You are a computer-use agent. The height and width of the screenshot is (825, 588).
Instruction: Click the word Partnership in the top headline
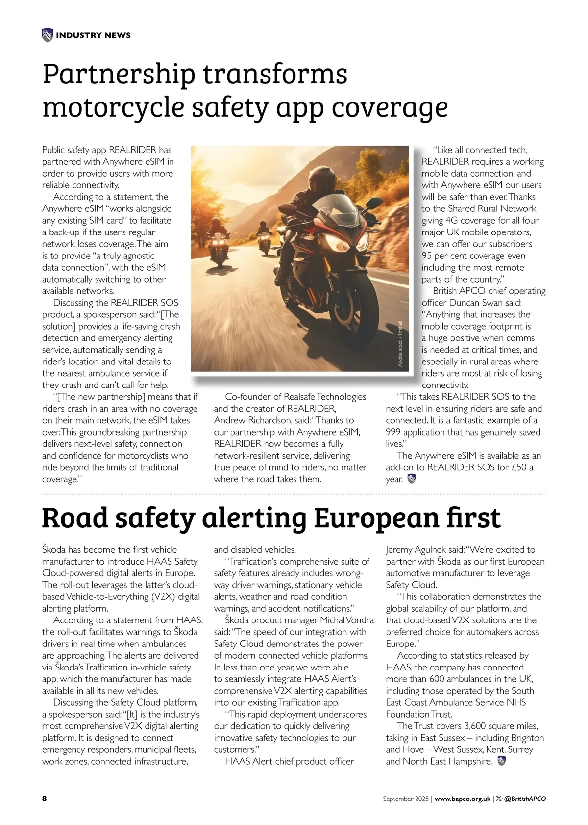(x=119, y=75)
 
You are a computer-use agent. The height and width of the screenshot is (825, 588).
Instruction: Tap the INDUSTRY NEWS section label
(x=93, y=35)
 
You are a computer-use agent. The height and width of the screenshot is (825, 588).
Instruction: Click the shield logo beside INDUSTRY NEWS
(x=48, y=35)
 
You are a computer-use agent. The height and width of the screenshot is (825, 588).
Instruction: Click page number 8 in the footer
(x=45, y=799)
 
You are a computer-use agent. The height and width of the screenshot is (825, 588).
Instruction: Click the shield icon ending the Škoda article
(x=501, y=761)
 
